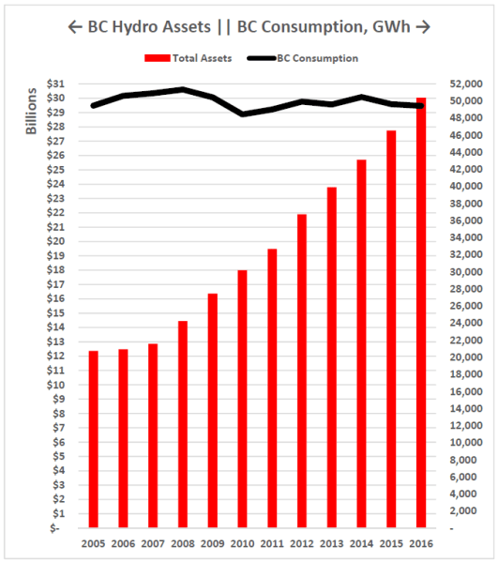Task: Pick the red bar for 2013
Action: coord(333,357)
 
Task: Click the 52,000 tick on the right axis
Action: coord(462,84)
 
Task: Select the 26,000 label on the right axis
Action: coord(462,306)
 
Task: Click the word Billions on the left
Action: coord(30,111)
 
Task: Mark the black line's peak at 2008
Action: coord(182,90)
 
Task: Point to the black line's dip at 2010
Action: coord(244,114)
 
